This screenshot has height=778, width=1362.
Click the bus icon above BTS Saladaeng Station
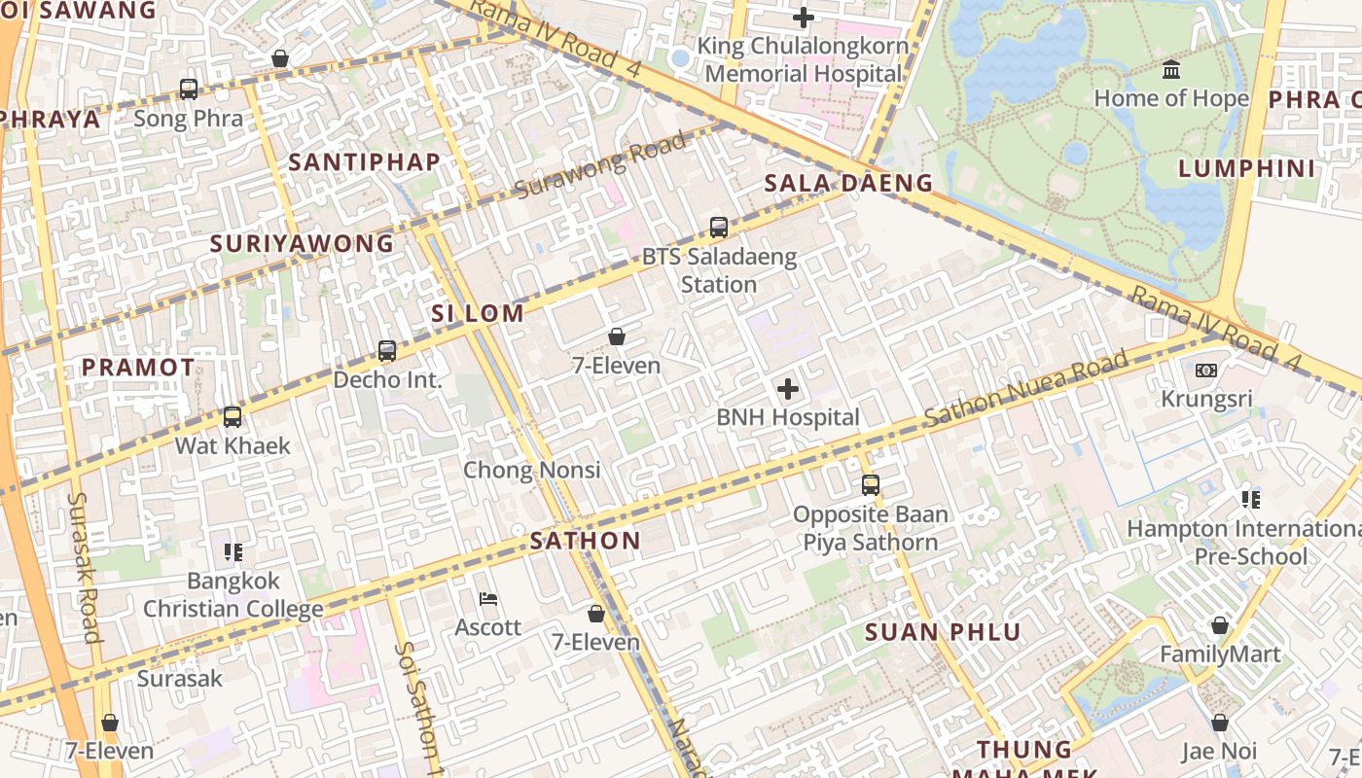pyautogui.click(x=719, y=228)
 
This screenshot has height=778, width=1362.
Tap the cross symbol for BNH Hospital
pyautogui.click(x=788, y=390)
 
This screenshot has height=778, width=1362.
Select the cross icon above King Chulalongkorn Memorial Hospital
pyautogui.click(x=803, y=18)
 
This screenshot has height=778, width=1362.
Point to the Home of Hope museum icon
pyautogui.click(x=1171, y=70)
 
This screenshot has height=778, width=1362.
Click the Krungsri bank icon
pyautogui.click(x=1206, y=371)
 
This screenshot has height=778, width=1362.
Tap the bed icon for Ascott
pyautogui.click(x=488, y=599)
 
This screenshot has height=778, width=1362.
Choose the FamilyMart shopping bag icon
pyautogui.click(x=1220, y=625)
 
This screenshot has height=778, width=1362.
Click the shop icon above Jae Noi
pyautogui.click(x=1220, y=723)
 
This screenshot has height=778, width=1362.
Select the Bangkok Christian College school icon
pyautogui.click(x=233, y=552)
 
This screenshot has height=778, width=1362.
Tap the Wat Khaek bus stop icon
pyautogui.click(x=233, y=417)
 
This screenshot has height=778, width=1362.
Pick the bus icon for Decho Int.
pyautogui.click(x=387, y=351)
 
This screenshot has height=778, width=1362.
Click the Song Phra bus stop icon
pyautogui.click(x=189, y=89)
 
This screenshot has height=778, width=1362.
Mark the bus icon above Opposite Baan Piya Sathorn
pyautogui.click(x=871, y=484)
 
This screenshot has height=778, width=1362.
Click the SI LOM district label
pyautogui.click(x=478, y=313)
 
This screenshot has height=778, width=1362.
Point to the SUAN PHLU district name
pyautogui.click(x=943, y=632)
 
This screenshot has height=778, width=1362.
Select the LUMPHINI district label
pyautogui.click(x=1246, y=168)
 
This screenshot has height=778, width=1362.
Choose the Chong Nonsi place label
pyautogui.click(x=531, y=470)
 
